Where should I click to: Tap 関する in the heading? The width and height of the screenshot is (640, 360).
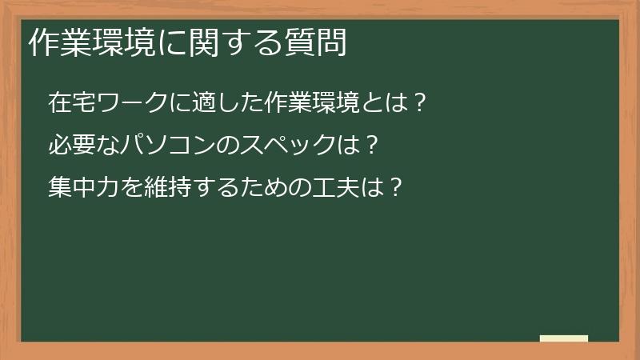(x=235, y=44)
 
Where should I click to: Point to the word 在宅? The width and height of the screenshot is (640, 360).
(x=72, y=103)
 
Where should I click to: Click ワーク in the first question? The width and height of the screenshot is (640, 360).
(x=133, y=103)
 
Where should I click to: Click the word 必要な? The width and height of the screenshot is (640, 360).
(x=84, y=146)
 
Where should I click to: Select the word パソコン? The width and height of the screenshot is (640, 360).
(x=170, y=146)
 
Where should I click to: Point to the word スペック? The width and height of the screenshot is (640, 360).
(x=291, y=146)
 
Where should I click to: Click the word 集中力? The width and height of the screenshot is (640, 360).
(x=84, y=190)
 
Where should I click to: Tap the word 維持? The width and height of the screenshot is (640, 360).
(x=170, y=190)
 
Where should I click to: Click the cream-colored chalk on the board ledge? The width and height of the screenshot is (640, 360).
(x=564, y=338)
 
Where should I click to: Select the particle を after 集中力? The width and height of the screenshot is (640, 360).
(x=132, y=190)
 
